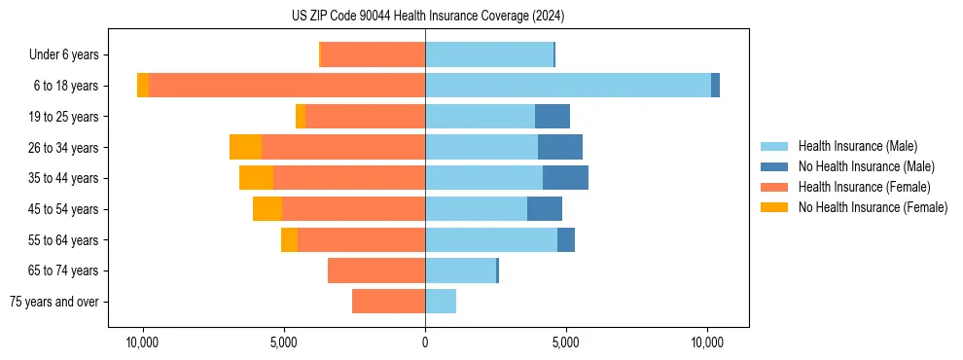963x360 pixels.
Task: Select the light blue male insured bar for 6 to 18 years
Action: click(568, 86)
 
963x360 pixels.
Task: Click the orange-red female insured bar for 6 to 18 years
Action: click(287, 86)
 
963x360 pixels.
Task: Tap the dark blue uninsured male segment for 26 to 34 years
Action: click(560, 147)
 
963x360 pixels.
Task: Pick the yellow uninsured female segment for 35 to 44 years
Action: click(256, 178)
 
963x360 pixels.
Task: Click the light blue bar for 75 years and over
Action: click(441, 302)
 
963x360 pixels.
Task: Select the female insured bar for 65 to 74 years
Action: click(376, 270)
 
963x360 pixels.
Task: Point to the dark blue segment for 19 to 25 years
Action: click(553, 117)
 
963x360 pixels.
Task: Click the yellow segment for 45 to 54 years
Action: click(267, 209)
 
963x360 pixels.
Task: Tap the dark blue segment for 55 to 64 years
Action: click(566, 239)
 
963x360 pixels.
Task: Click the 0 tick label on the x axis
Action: click(425, 342)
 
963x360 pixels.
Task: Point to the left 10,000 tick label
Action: click(143, 342)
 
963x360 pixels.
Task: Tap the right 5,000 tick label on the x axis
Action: click(566, 342)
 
